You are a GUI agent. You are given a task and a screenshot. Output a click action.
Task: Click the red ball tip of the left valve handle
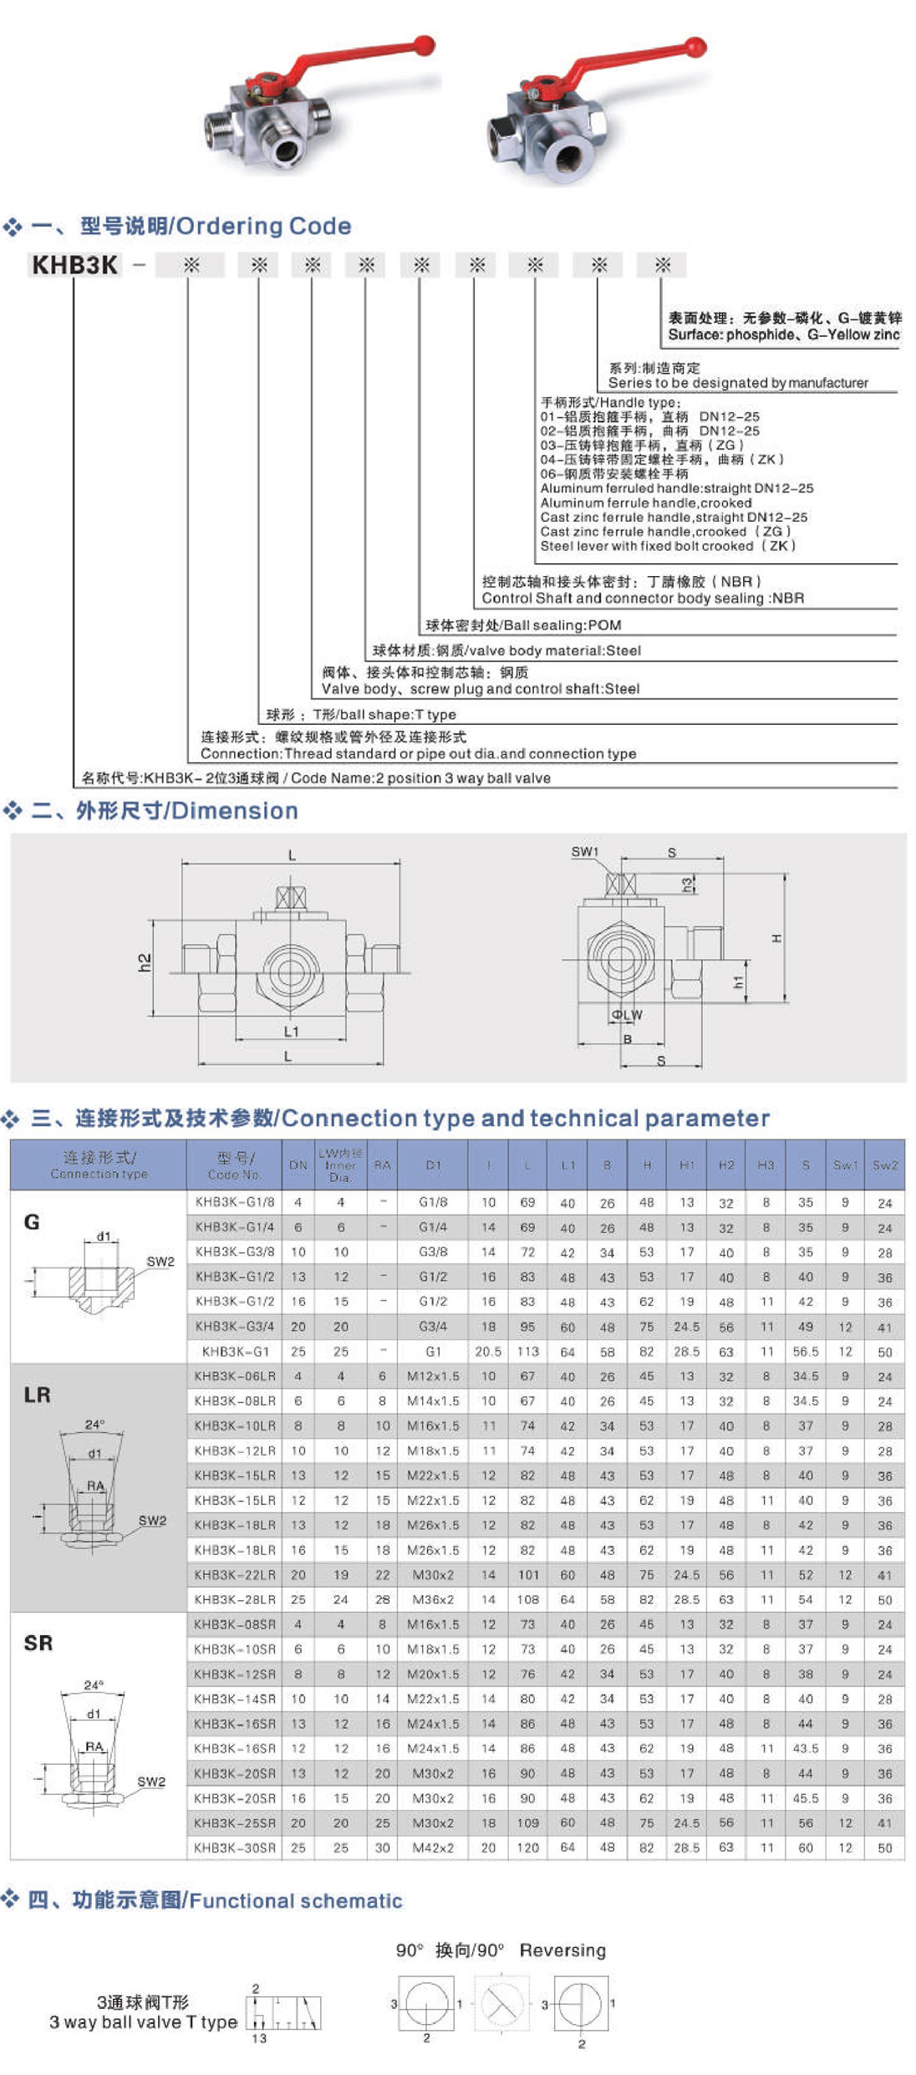425,44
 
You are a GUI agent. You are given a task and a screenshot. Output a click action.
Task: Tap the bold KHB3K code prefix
74,265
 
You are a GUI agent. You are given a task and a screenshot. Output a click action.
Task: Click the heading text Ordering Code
263,226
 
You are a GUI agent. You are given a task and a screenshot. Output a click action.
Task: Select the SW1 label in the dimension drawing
584,852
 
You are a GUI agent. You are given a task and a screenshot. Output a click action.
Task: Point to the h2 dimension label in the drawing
145,962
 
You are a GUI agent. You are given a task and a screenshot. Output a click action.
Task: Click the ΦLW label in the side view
627,1015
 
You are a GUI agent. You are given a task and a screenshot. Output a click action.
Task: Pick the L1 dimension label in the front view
291,1032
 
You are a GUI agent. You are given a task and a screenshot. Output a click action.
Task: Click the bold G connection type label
32,1222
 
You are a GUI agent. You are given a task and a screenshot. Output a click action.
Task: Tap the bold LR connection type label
37,1394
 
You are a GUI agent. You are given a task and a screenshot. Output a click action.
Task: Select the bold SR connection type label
38,1643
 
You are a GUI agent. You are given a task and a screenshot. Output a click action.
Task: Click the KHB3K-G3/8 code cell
235,1252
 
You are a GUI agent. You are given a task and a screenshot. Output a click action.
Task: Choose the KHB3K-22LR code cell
235,1574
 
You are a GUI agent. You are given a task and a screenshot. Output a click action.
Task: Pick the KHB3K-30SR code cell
235,1848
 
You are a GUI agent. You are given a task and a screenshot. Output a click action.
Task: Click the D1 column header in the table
433,1165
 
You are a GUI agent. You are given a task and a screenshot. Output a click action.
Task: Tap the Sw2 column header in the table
885,1165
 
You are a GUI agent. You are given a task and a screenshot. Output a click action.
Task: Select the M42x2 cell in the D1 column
433,1848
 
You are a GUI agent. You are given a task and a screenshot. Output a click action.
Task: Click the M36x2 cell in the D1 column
433,1599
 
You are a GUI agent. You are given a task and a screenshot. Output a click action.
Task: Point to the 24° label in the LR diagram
94,1424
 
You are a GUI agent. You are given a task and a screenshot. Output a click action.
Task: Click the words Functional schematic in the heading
296,1900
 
